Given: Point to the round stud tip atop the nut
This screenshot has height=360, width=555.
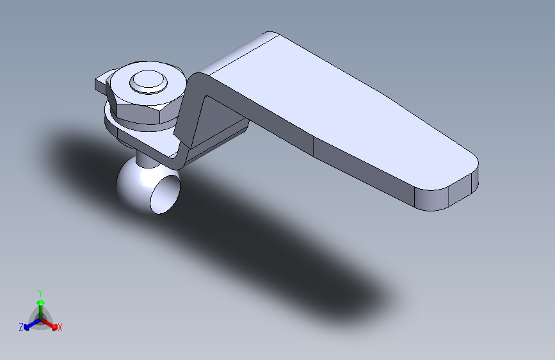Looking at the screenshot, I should pos(148,81).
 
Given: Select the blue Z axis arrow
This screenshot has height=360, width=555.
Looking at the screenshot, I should pos(29,326).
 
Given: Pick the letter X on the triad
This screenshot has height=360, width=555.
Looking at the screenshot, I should pos(60,328).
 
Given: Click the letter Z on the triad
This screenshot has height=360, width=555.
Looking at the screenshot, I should pos(21,327).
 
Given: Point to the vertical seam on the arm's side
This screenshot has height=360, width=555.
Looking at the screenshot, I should pos(314,147).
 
